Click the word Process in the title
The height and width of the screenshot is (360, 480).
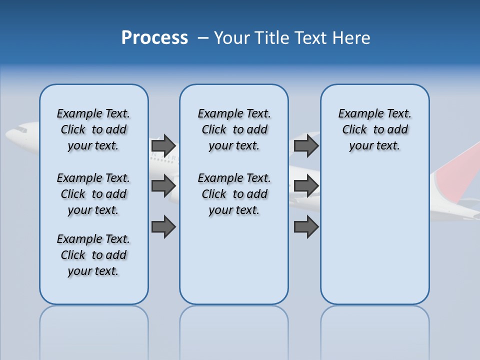click(154, 38)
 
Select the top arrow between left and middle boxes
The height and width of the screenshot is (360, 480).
click(163, 145)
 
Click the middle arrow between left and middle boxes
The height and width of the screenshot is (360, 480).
click(163, 186)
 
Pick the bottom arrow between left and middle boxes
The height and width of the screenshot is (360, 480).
click(163, 227)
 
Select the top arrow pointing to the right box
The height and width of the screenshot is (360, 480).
click(306, 145)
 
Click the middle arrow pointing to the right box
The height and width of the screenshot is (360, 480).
click(306, 186)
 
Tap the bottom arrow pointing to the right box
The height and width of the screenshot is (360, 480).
click(306, 227)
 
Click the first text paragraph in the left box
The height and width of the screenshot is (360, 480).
click(93, 129)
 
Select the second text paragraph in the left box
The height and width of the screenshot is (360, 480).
click(93, 194)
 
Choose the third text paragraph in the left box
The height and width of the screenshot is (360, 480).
click(93, 255)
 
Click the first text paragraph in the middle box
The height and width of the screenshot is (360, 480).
click(234, 129)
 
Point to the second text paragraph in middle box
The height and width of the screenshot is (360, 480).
click(234, 194)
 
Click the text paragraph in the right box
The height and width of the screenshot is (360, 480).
click(375, 129)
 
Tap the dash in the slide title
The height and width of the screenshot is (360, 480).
click(203, 38)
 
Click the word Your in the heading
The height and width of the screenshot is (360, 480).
click(233, 38)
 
